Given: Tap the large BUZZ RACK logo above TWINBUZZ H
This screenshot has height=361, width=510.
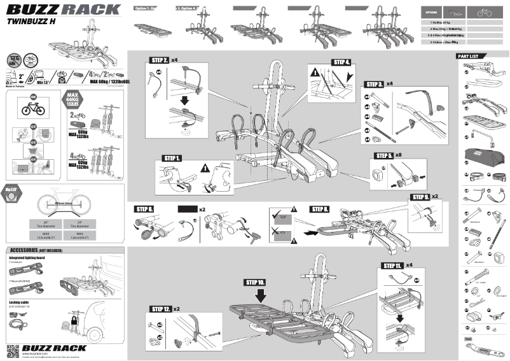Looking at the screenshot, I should pyautogui.click(x=63, y=9).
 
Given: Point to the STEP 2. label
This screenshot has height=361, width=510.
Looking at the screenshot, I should pyautogui.click(x=160, y=60).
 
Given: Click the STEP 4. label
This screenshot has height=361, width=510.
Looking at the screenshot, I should pyautogui.click(x=341, y=62).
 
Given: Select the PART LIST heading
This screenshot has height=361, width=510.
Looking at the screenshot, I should pyautogui.click(x=471, y=57).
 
